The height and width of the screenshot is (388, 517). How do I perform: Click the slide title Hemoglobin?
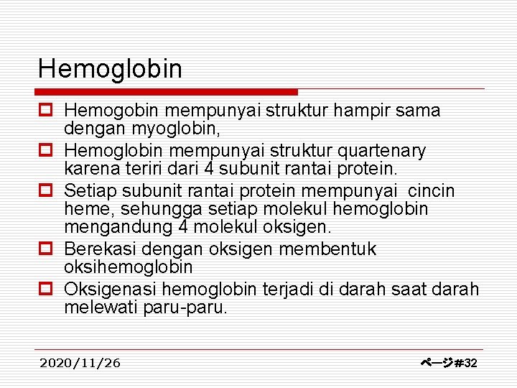coord(110,69)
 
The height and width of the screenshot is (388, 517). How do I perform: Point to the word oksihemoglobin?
coord(129,267)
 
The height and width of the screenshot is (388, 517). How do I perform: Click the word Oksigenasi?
coord(110,289)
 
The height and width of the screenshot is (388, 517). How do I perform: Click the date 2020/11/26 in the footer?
coord(80,363)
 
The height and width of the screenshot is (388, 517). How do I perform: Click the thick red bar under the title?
coord(167,92)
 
